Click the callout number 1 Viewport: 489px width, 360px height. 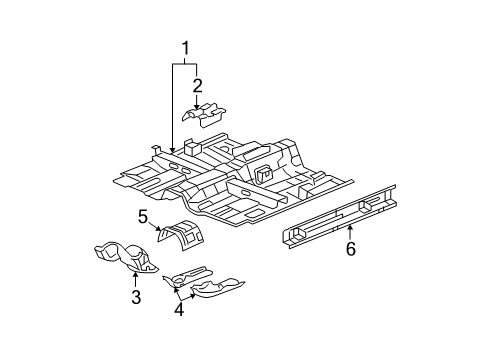click(x=185, y=49)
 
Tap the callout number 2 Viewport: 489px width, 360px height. click(x=197, y=86)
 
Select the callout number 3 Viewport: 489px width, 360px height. click(x=136, y=297)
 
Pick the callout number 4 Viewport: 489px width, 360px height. click(x=179, y=309)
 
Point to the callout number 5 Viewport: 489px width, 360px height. click(x=143, y=217)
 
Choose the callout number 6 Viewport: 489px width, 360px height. click(x=351, y=249)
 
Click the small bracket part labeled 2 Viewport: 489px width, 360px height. click(x=204, y=115)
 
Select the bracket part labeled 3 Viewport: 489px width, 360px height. click(x=127, y=257)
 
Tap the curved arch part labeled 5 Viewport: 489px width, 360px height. click(x=181, y=235)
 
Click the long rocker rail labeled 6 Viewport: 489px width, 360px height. click(x=339, y=216)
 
